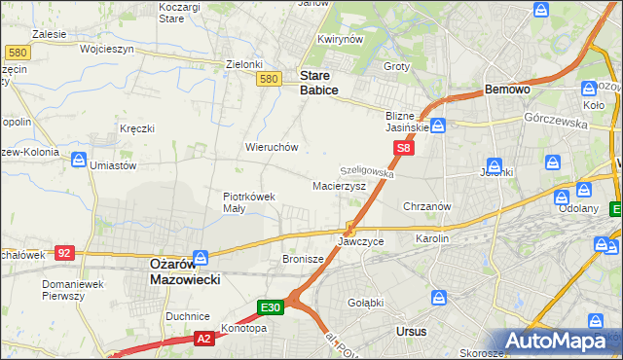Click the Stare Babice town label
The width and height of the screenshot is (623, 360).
[x=318, y=82]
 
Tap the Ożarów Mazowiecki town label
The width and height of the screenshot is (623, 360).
[x=185, y=270]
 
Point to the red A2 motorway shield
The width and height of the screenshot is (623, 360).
[x=202, y=338]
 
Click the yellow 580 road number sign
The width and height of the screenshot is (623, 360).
[x=271, y=79]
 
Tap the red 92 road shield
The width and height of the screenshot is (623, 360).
[x=64, y=252]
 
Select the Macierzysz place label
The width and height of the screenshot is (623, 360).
[x=339, y=185]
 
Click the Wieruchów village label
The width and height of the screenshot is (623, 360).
[x=271, y=147]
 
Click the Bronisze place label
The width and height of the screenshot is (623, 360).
[x=303, y=259]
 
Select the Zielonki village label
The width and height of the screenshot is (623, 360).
[x=244, y=64]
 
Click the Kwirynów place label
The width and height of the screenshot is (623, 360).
[x=340, y=40]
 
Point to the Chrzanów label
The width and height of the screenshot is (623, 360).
[x=425, y=206]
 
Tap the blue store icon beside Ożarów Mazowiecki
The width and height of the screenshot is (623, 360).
[x=201, y=258]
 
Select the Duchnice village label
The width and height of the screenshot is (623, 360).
[x=188, y=316]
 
